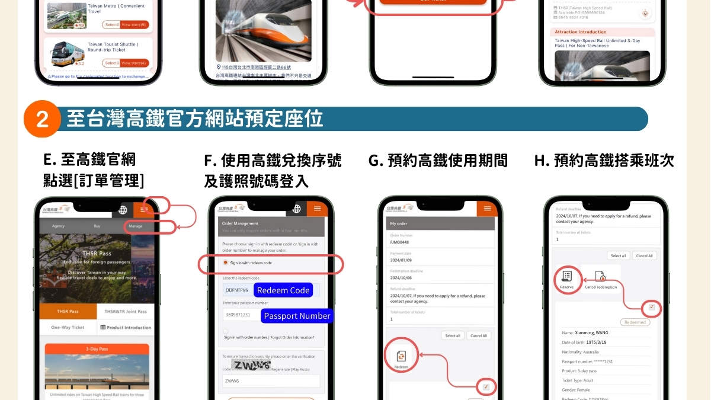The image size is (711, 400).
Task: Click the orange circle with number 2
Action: point(42,119)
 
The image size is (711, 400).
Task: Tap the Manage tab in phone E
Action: point(136,226)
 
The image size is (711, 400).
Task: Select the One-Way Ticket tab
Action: point(68,327)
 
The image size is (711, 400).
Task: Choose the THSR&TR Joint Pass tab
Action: point(125,311)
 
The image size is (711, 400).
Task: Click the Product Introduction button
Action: point(125,327)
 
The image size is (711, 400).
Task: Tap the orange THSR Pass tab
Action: point(68,311)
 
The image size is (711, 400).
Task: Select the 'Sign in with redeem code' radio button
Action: point(226,263)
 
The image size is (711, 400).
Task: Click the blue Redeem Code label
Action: point(283,290)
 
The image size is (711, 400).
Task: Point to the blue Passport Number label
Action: point(296,316)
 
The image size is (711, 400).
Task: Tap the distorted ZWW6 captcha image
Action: point(251,365)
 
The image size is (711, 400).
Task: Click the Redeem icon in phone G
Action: point(401,357)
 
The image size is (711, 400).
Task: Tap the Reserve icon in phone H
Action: point(566,278)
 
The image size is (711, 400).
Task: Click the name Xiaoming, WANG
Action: point(585,332)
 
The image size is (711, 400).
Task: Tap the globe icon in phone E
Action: point(123,210)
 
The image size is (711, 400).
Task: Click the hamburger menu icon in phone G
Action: point(487,209)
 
